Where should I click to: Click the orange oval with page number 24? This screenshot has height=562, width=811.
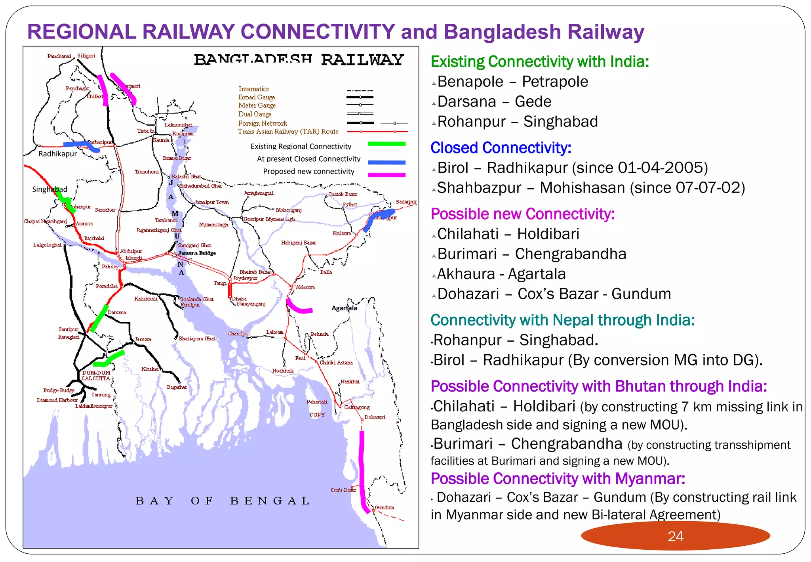pyautogui.click(x=675, y=536)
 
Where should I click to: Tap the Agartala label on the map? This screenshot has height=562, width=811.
pyautogui.click(x=344, y=308)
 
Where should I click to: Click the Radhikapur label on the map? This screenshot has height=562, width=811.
pyautogui.click(x=57, y=154)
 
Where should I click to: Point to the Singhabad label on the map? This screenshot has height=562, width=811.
pyautogui.click(x=49, y=189)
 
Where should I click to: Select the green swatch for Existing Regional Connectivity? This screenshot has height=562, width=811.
pyautogui.click(x=386, y=144)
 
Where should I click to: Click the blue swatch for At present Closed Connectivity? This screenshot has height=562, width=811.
pyautogui.click(x=386, y=162)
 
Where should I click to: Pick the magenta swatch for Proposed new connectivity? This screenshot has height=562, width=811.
pyautogui.click(x=386, y=175)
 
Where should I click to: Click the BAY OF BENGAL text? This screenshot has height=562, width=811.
pyautogui.click(x=222, y=501)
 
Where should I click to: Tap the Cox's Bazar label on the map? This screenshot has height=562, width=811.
pyautogui.click(x=343, y=490)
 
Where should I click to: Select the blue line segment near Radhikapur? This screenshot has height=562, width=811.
pyautogui.click(x=81, y=145)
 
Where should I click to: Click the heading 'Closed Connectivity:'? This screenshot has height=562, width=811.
pyautogui.click(x=501, y=148)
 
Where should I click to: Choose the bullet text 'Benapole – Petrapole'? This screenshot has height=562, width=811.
pyautogui.click(x=512, y=82)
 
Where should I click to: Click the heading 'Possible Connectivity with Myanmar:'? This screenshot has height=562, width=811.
pyautogui.click(x=558, y=478)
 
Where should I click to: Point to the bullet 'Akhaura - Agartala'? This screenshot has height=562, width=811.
pyautogui.click(x=501, y=274)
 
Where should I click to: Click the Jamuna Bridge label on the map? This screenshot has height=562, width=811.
pyautogui.click(x=197, y=253)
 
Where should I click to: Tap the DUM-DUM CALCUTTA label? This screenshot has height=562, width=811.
pyautogui.click(x=96, y=375)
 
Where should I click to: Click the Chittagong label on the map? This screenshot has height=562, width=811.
pyautogui.click(x=357, y=407)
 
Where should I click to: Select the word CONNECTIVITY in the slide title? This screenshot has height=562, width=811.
pyautogui.click(x=318, y=32)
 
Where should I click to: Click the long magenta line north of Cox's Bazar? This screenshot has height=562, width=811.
pyautogui.click(x=362, y=468)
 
